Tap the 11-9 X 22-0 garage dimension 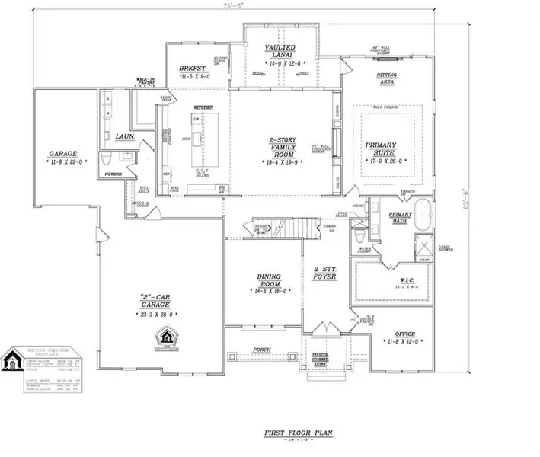[67, 162]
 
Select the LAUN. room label [125, 137]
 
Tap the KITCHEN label [202, 107]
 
